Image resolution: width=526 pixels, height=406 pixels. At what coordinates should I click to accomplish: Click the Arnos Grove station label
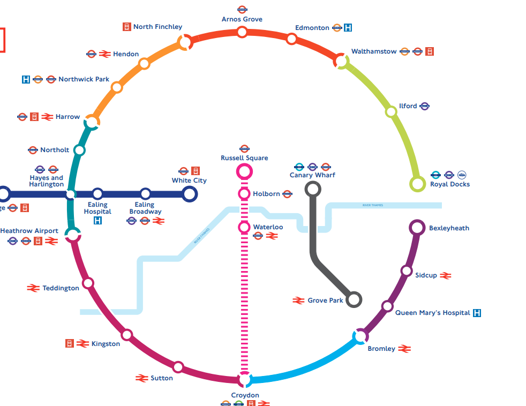tap(242, 19)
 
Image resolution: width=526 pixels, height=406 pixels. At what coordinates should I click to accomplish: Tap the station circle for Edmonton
tap(291, 39)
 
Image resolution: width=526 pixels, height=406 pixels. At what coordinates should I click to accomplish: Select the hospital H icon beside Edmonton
tap(348, 28)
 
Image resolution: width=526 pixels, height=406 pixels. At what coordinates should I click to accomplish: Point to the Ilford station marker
tap(391, 111)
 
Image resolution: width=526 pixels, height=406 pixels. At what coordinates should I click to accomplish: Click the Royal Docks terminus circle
tap(417, 184)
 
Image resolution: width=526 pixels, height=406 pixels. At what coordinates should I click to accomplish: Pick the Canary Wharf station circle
tap(313, 189)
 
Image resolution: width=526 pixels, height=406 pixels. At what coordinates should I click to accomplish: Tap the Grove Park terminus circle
tap(354, 299)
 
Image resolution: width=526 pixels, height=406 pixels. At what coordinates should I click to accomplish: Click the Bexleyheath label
tap(449, 228)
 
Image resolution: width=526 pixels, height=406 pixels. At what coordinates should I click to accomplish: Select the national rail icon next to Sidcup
tap(446, 275)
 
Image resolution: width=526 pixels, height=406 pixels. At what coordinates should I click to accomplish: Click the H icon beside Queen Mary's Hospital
tap(477, 313)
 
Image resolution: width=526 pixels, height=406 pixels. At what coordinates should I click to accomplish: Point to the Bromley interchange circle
tap(360, 336)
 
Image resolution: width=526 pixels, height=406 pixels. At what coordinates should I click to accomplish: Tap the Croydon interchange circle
tap(244, 379)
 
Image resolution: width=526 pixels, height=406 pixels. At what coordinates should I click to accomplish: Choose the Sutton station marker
tap(178, 367)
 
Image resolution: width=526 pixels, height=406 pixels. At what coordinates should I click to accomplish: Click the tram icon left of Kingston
tap(69, 343)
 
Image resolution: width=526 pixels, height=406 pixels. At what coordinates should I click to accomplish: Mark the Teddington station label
tap(61, 288)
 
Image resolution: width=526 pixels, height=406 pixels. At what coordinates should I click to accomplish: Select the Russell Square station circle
tap(244, 171)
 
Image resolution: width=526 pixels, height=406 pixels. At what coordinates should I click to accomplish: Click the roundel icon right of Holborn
tap(287, 194)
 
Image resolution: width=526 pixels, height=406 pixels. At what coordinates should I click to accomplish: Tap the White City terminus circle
tap(189, 194)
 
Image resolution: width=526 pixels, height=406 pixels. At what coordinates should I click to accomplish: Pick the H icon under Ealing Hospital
tap(97, 220)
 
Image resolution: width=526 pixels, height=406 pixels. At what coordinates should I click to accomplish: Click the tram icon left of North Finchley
tap(127, 27)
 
